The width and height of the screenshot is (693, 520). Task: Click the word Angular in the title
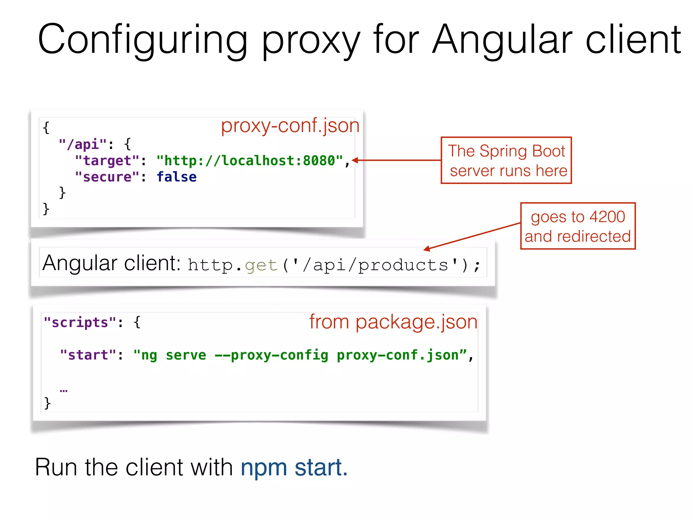(x=502, y=40)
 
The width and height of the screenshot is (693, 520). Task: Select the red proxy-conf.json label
(x=290, y=126)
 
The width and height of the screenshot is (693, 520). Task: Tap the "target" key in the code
(x=107, y=161)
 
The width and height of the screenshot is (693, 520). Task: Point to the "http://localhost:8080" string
(x=250, y=161)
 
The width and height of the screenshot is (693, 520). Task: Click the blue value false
(x=176, y=177)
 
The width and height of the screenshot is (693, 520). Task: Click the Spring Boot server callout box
(x=506, y=160)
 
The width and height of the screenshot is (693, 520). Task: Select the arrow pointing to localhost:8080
(x=396, y=160)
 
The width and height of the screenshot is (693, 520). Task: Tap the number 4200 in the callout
(x=607, y=217)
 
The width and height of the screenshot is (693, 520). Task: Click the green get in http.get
(x=261, y=265)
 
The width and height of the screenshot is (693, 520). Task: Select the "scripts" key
(x=80, y=323)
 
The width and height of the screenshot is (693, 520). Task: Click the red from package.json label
(x=393, y=322)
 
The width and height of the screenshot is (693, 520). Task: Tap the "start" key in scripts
(x=88, y=355)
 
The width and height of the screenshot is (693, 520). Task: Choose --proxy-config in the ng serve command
(x=271, y=355)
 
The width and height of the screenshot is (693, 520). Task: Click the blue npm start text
(x=294, y=467)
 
